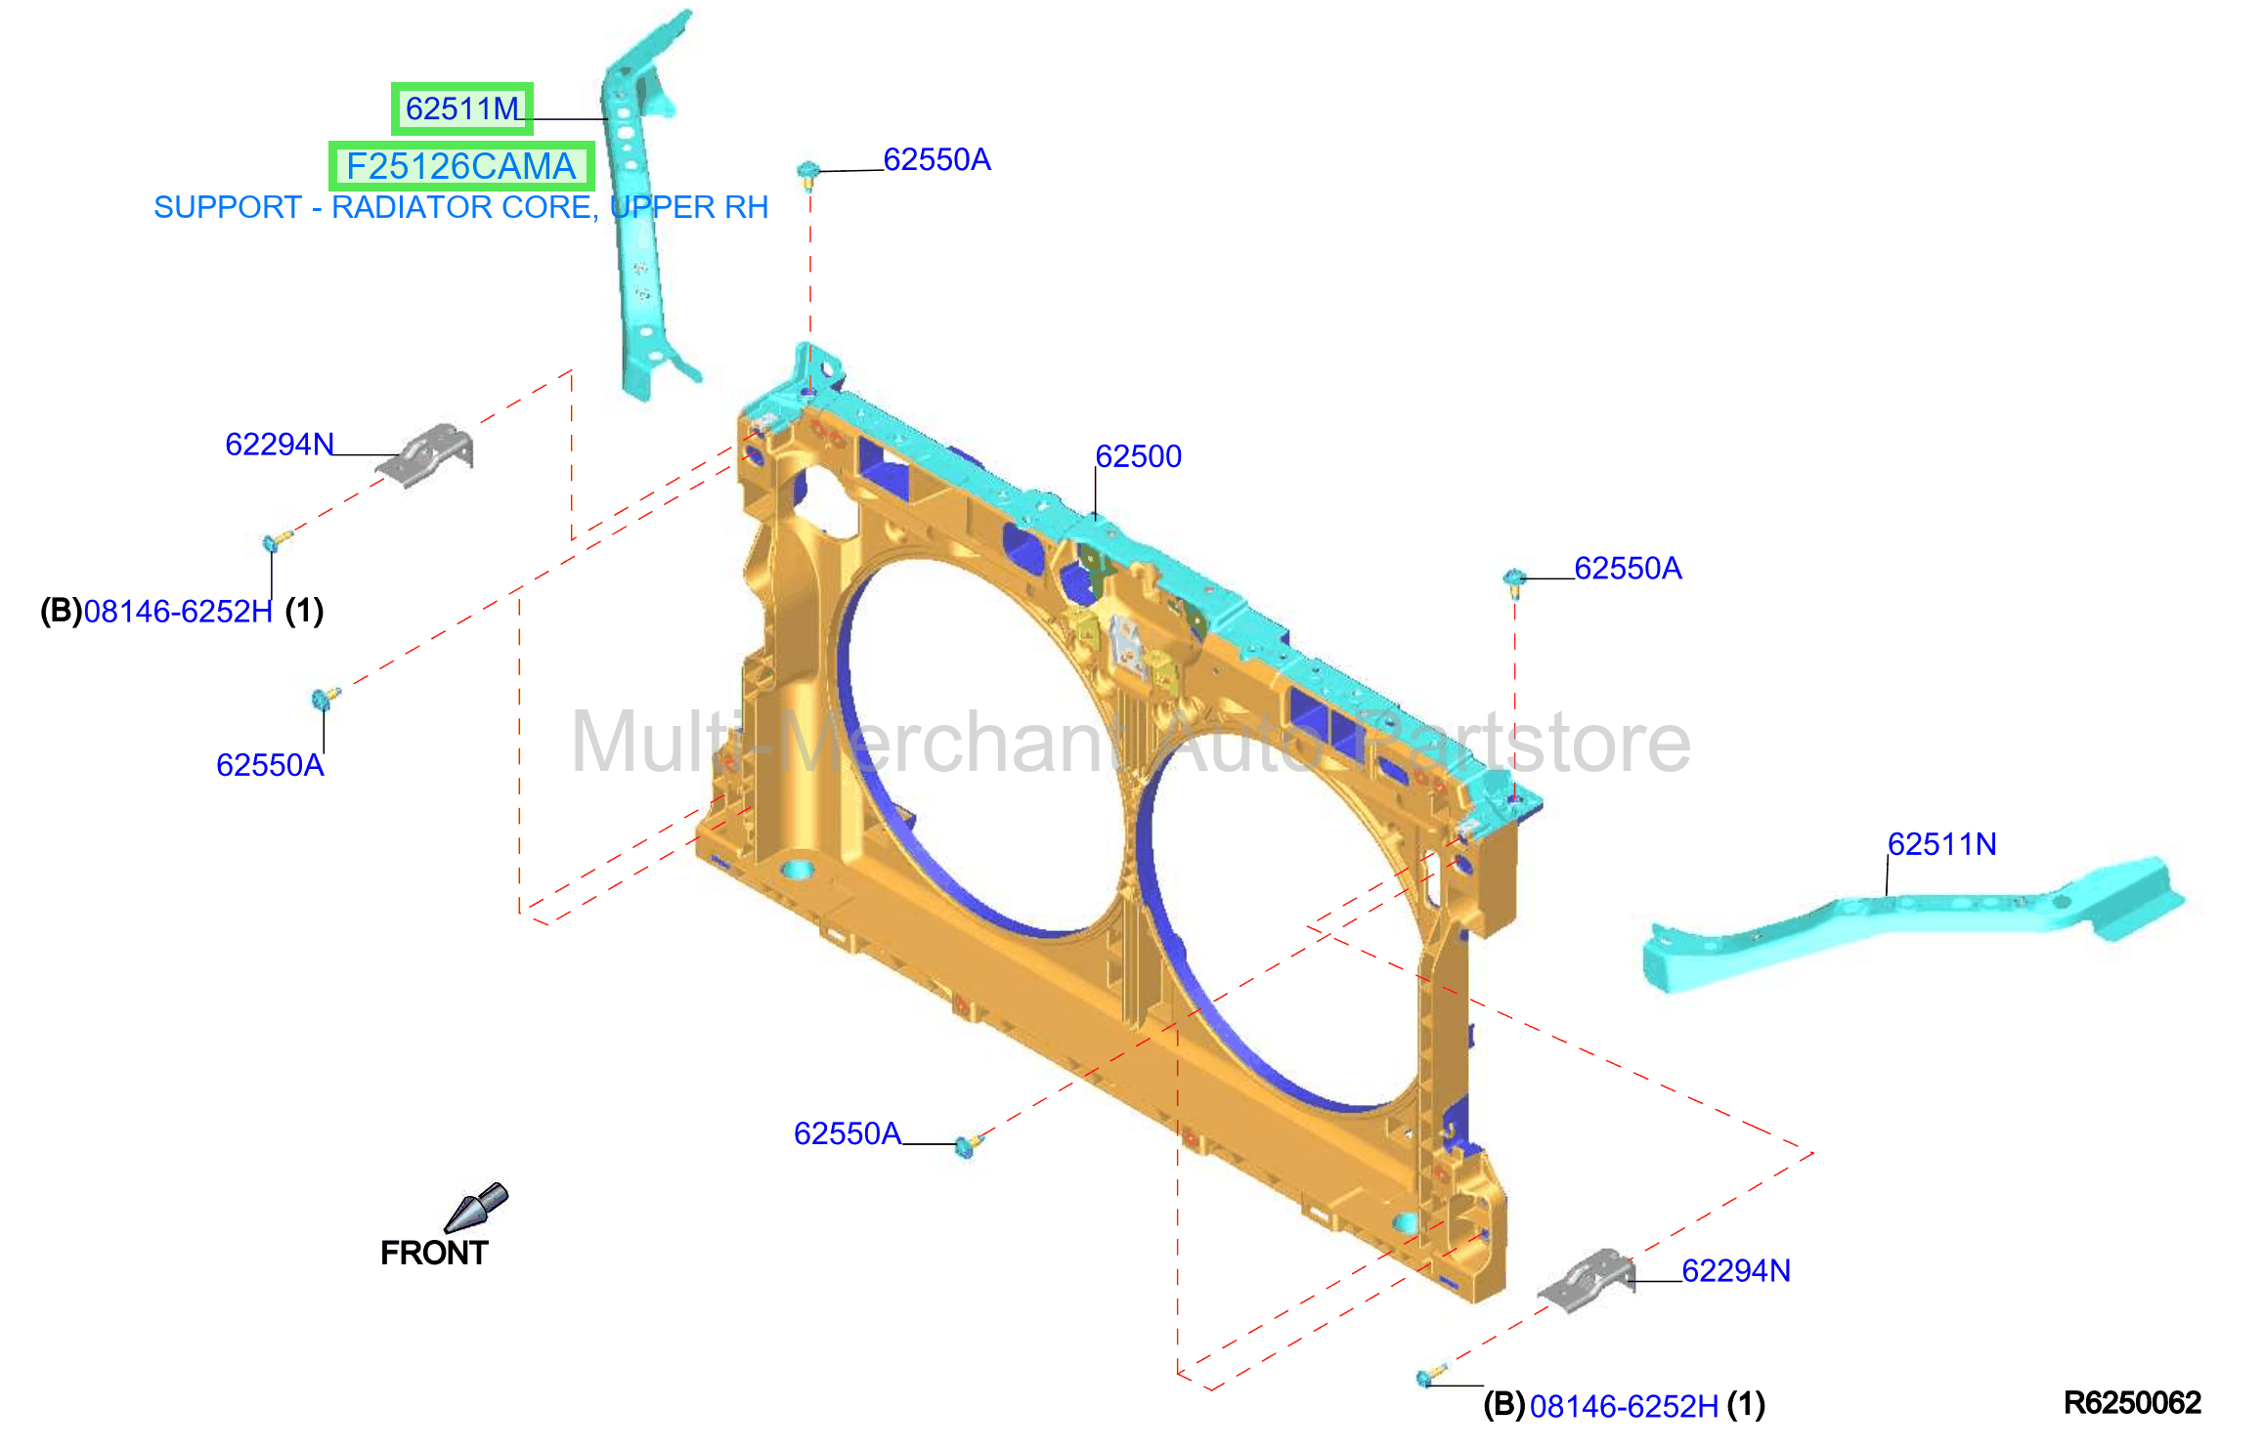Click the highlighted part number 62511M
click(462, 108)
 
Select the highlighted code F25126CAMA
click(460, 166)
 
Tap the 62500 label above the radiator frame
click(1138, 456)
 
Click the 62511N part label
click(1941, 844)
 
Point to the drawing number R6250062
click(2132, 1403)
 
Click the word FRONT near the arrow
click(434, 1253)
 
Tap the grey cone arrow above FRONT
click(476, 1208)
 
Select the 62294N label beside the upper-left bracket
click(280, 445)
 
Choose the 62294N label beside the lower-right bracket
click(1736, 1270)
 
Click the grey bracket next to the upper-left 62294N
click(426, 453)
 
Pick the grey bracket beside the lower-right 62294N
click(1587, 1280)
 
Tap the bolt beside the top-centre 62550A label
click(808, 175)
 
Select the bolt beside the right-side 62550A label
click(1514, 582)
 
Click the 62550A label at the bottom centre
click(848, 1133)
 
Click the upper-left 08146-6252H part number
click(178, 612)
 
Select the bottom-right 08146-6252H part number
click(1624, 1406)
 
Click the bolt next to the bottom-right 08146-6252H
click(1431, 1376)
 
